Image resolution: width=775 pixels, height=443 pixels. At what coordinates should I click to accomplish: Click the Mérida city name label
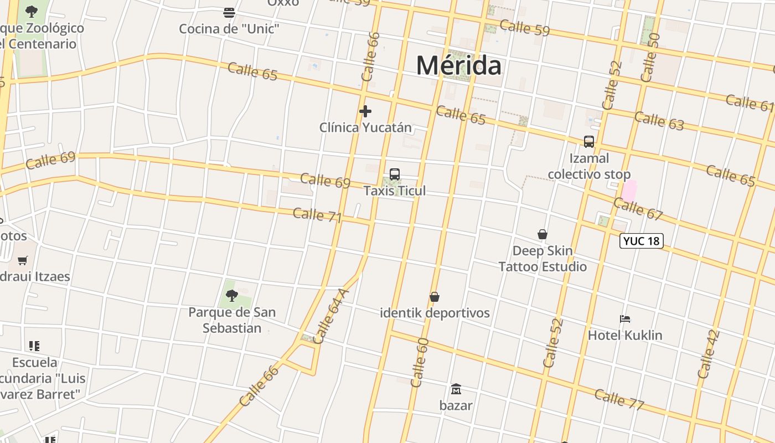pyautogui.click(x=459, y=65)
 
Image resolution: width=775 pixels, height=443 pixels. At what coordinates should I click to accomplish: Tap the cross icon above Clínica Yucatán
pyautogui.click(x=365, y=111)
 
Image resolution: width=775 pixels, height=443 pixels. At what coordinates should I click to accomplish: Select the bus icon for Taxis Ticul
pyautogui.click(x=395, y=174)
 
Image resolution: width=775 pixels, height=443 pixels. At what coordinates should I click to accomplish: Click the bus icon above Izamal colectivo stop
pyautogui.click(x=589, y=142)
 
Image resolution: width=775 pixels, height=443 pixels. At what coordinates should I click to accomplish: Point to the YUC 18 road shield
pyautogui.click(x=641, y=241)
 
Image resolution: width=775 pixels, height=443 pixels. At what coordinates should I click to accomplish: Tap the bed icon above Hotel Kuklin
pyautogui.click(x=625, y=319)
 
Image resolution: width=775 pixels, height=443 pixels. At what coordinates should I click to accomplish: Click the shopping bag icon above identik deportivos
pyautogui.click(x=435, y=297)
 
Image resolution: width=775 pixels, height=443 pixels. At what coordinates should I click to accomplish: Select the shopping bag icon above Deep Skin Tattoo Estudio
pyautogui.click(x=542, y=235)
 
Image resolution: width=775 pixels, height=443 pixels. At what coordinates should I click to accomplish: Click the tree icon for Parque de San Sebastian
pyautogui.click(x=232, y=296)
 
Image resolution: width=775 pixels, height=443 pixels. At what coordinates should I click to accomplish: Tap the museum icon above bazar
pyautogui.click(x=456, y=389)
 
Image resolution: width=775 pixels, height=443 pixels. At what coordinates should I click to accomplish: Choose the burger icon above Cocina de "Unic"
pyautogui.click(x=229, y=12)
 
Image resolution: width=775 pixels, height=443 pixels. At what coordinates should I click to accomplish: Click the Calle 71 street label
pyautogui.click(x=317, y=215)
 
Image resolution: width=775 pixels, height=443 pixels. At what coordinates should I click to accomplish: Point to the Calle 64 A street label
pyautogui.click(x=331, y=316)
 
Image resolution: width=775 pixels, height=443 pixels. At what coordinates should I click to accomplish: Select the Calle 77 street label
pyautogui.click(x=619, y=399)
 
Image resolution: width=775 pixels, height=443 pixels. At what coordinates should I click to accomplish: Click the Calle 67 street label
pyautogui.click(x=638, y=208)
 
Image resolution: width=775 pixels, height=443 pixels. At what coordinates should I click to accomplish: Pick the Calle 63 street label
pyautogui.click(x=659, y=120)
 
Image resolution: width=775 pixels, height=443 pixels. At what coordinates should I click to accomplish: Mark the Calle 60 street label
pyautogui.click(x=420, y=362)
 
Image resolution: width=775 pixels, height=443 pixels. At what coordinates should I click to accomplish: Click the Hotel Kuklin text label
pyautogui.click(x=625, y=335)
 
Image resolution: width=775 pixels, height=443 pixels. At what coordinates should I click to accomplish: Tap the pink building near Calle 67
pyautogui.click(x=629, y=191)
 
